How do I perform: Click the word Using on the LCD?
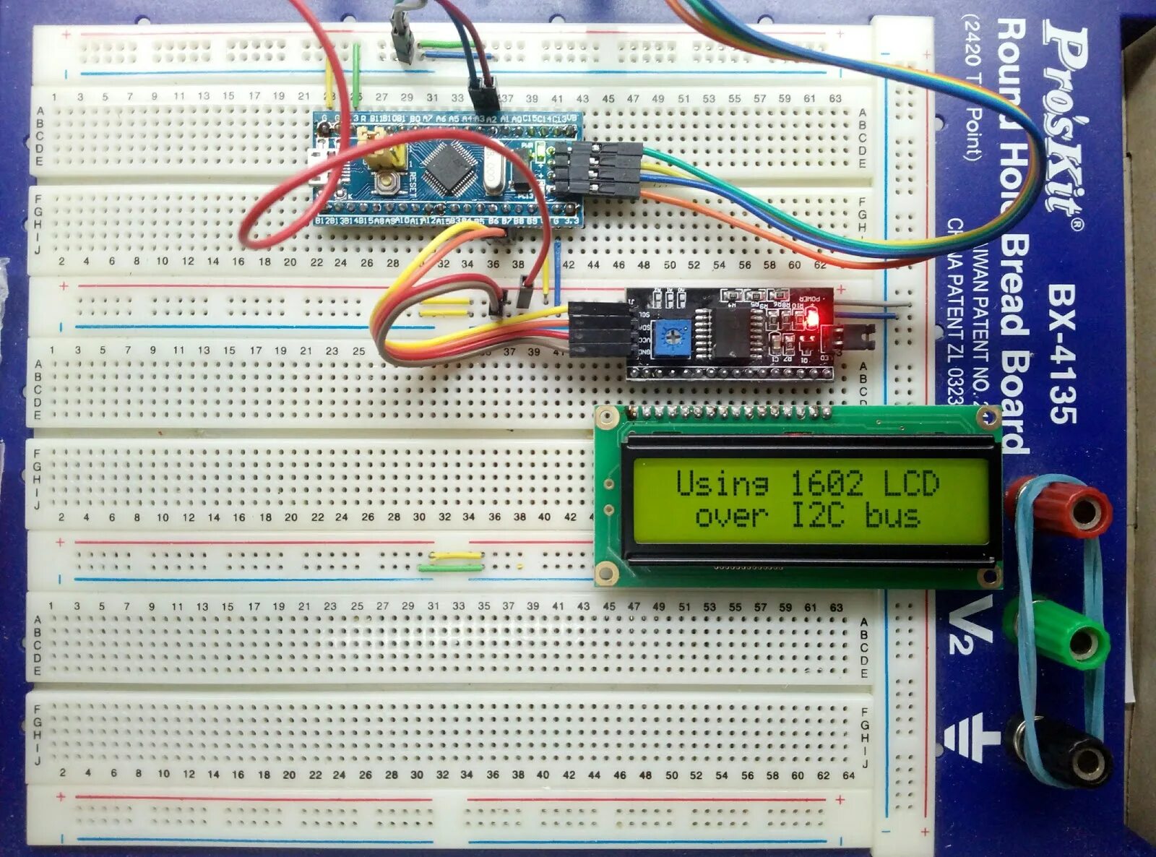(722, 483)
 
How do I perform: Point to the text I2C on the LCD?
(817, 515)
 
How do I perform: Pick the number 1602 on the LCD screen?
(827, 483)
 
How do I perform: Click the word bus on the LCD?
(892, 515)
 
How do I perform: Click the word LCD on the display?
(911, 483)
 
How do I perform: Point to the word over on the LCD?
(731, 515)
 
